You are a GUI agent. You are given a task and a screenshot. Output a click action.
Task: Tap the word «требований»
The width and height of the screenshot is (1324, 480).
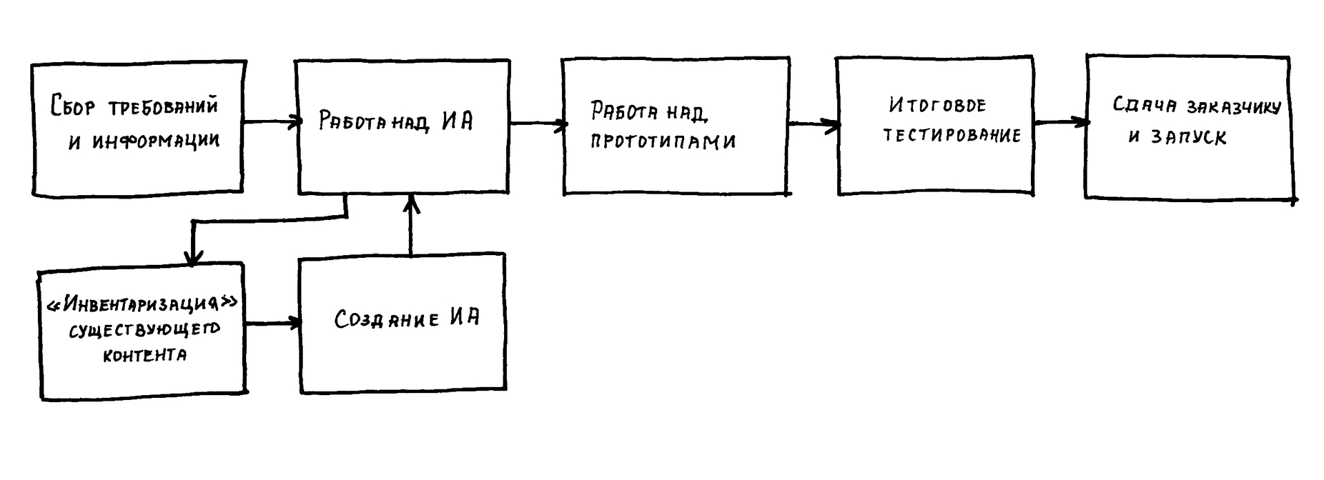pos(163,107)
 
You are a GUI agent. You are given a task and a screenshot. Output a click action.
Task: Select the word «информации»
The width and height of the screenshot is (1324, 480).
pos(155,141)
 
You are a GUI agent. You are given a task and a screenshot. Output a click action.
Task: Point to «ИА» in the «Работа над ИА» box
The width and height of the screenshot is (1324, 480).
pos(457,121)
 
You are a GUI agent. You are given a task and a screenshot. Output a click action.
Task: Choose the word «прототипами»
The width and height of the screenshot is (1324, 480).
pos(663,141)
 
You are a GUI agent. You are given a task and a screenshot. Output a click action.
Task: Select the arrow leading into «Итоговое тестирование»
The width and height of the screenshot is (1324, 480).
pos(814,125)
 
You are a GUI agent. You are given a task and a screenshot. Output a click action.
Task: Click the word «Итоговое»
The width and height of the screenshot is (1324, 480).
pos(937,105)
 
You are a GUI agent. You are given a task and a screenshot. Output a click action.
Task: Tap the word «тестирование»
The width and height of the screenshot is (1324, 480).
pos(952,135)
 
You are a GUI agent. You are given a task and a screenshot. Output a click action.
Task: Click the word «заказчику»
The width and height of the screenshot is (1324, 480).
pos(1234,107)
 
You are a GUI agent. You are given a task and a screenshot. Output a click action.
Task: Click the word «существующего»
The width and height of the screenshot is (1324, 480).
pos(144,330)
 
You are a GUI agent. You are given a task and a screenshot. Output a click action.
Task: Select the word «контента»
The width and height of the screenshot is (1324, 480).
pos(144,356)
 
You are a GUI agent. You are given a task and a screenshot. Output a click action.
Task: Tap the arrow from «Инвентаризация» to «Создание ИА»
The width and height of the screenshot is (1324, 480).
pos(273,323)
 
